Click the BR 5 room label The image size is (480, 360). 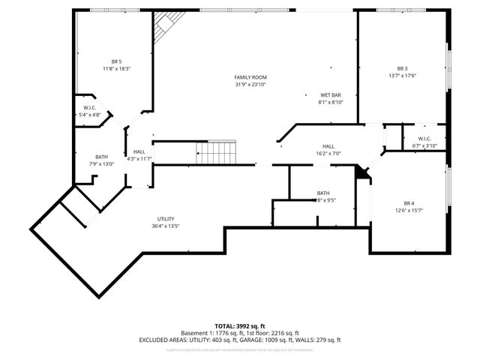coord(116,61)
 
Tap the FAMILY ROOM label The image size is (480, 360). coord(250,77)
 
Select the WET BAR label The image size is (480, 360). coord(331,95)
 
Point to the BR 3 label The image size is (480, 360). coord(402,68)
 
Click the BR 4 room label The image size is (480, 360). coord(409,203)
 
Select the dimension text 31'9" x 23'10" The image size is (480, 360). coord(250,85)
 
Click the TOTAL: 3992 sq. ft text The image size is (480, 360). coord(240,325)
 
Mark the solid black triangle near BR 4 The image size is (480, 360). coord(363,173)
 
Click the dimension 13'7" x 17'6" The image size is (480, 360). coord(402,76)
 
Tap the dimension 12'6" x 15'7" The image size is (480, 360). coord(409,211)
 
